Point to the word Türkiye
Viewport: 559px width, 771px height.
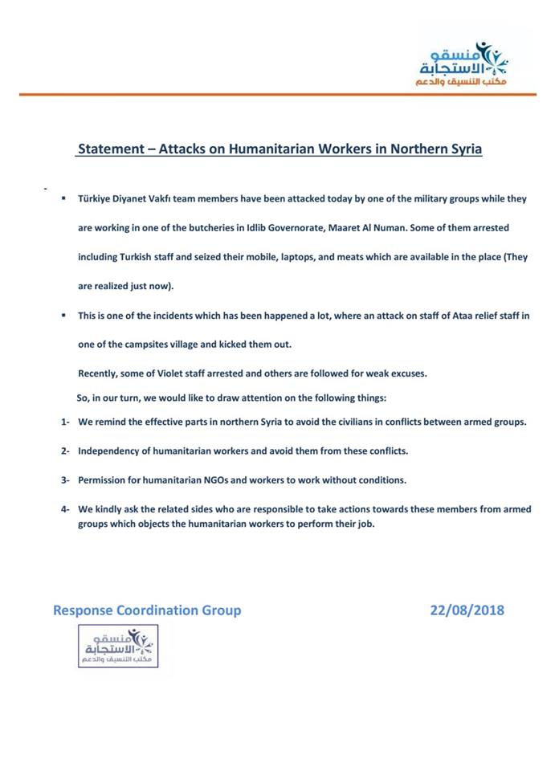(96, 198)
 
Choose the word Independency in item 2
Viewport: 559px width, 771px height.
(112, 451)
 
